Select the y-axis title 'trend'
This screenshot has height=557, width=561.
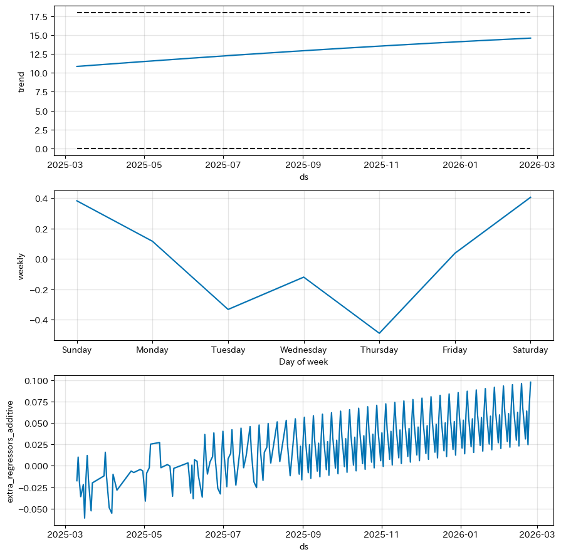tap(21, 81)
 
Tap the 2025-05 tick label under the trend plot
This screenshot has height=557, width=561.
tap(144, 165)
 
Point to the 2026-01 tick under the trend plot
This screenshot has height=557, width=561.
tap(461, 165)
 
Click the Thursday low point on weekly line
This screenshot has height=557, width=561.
tap(379, 333)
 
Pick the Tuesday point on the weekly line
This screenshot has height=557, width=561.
tap(228, 310)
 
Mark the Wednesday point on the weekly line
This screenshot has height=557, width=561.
tap(304, 277)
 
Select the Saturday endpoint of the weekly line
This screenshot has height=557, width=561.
tap(531, 197)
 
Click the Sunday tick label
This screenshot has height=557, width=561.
tap(76, 350)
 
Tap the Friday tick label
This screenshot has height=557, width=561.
tap(455, 350)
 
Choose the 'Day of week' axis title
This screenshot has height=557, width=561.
tap(304, 362)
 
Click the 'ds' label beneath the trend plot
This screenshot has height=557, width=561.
tap(304, 177)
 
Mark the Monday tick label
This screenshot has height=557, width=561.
tap(152, 350)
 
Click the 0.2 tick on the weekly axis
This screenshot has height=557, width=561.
tap(44, 229)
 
